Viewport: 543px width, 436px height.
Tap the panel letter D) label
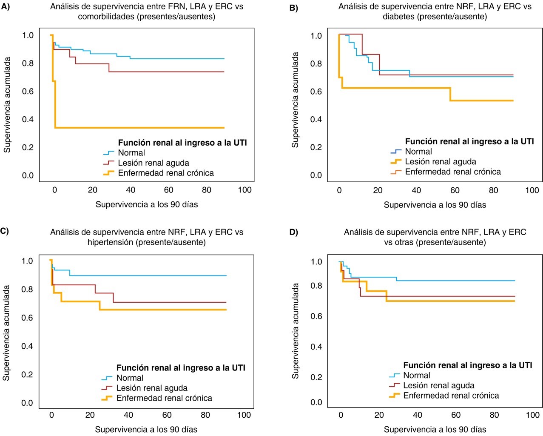(x=294, y=232)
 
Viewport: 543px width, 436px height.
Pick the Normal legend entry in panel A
(x=131, y=153)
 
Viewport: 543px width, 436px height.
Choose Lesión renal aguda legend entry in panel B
(x=441, y=162)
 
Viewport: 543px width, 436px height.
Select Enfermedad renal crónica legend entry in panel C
(x=164, y=398)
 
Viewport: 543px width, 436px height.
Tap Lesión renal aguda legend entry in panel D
(x=438, y=385)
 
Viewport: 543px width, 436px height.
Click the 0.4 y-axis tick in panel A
(x=28, y=119)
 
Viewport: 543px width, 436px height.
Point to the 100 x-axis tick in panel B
(x=532, y=190)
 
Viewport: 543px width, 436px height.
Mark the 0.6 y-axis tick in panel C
(x=27, y=318)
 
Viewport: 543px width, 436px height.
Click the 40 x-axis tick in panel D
(x=418, y=415)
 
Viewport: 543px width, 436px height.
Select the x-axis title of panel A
(x=147, y=204)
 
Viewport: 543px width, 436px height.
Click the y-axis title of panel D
(x=295, y=331)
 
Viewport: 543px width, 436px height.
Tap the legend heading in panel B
(x=469, y=141)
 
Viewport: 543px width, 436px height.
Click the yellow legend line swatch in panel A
(x=109, y=173)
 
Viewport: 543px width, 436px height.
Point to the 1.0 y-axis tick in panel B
(x=316, y=36)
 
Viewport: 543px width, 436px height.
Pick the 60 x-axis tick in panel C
(x=167, y=415)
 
